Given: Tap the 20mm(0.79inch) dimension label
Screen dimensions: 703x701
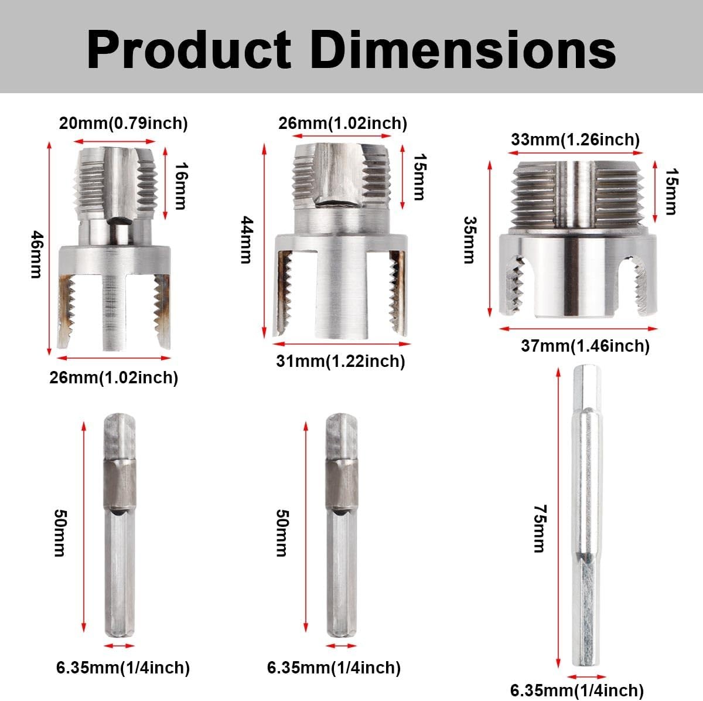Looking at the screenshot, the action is click(123, 124).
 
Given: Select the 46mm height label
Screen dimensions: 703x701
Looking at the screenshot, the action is click(36, 254).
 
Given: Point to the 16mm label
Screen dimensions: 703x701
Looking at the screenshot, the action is click(180, 186).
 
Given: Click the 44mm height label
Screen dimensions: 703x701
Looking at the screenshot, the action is click(247, 240).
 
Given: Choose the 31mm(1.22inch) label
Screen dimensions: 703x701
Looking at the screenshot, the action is click(341, 361).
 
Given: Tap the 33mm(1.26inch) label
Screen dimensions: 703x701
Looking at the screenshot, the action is click(575, 139).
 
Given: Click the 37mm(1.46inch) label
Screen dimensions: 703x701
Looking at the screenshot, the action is click(585, 346).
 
